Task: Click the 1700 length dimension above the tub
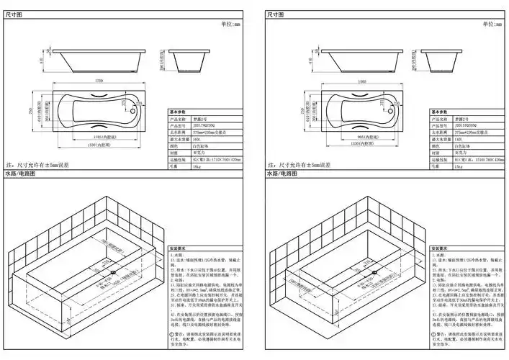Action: [x=98, y=81]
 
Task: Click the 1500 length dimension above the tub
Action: [x=360, y=81]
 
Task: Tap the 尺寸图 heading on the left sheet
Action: [x=14, y=14]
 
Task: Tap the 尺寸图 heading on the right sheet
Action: [x=276, y=14]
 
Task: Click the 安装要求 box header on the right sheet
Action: [x=441, y=248]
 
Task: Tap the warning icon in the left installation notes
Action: [x=173, y=335]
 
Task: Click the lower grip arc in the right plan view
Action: [x=357, y=127]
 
